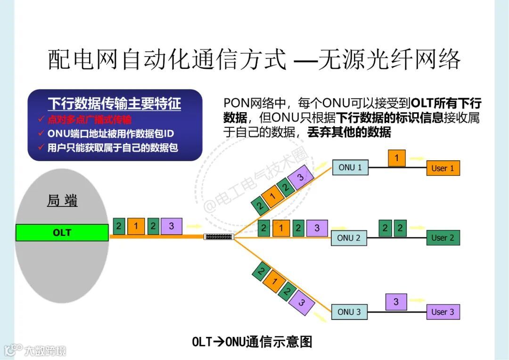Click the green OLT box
click(62, 233)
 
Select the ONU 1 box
click(350, 167)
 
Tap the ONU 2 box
click(349, 238)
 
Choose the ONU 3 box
click(349, 312)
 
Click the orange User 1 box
click(443, 168)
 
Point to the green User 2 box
click(443, 238)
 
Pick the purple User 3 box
click(443, 312)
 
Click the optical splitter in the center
click(219, 236)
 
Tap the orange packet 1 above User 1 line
click(397, 158)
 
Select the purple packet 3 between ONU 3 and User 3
click(396, 302)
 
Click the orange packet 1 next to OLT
click(136, 226)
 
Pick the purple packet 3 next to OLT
click(171, 226)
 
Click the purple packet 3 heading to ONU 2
click(317, 228)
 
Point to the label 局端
click(62, 201)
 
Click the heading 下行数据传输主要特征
click(115, 104)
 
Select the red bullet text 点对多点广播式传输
click(90, 120)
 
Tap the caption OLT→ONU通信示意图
click(252, 342)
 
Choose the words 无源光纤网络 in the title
click(389, 60)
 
